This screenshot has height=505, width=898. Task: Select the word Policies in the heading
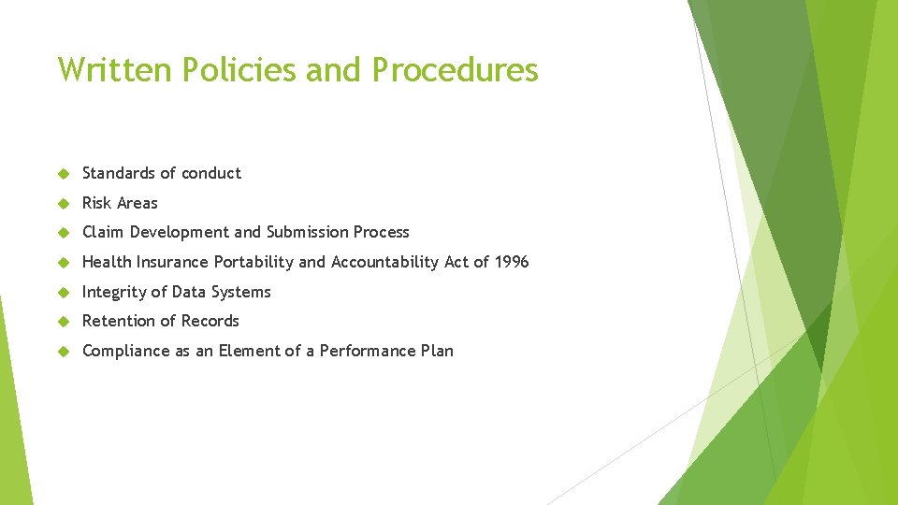(x=228, y=70)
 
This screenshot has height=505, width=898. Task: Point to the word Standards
(x=119, y=173)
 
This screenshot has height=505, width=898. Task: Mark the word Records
(x=210, y=321)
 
